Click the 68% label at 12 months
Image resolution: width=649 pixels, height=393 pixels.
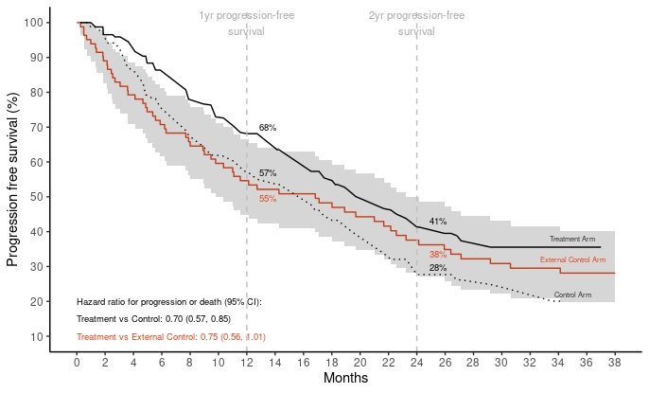(x=268, y=127)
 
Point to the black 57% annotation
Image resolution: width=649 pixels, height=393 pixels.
(x=268, y=173)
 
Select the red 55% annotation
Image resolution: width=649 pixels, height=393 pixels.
(x=268, y=199)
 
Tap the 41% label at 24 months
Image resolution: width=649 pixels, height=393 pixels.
(x=438, y=222)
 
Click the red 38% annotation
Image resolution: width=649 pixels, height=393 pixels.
(x=438, y=255)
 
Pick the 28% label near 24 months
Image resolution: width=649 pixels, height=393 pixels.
(x=438, y=268)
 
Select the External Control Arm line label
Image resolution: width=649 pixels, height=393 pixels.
(x=572, y=259)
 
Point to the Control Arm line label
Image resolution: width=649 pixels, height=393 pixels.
(x=572, y=295)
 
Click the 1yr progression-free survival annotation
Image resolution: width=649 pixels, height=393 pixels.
(x=246, y=24)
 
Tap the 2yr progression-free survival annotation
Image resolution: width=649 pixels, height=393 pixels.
(x=416, y=24)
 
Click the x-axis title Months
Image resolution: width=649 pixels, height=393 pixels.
(x=345, y=378)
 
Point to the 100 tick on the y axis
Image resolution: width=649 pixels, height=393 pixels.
(x=34, y=23)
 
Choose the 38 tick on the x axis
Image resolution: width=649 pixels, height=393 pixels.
(x=614, y=361)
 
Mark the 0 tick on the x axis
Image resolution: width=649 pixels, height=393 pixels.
(x=77, y=361)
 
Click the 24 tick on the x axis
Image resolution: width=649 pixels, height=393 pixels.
(x=416, y=361)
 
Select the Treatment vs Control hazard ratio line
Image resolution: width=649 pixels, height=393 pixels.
(x=153, y=319)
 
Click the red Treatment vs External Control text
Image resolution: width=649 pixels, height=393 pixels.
(x=171, y=336)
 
